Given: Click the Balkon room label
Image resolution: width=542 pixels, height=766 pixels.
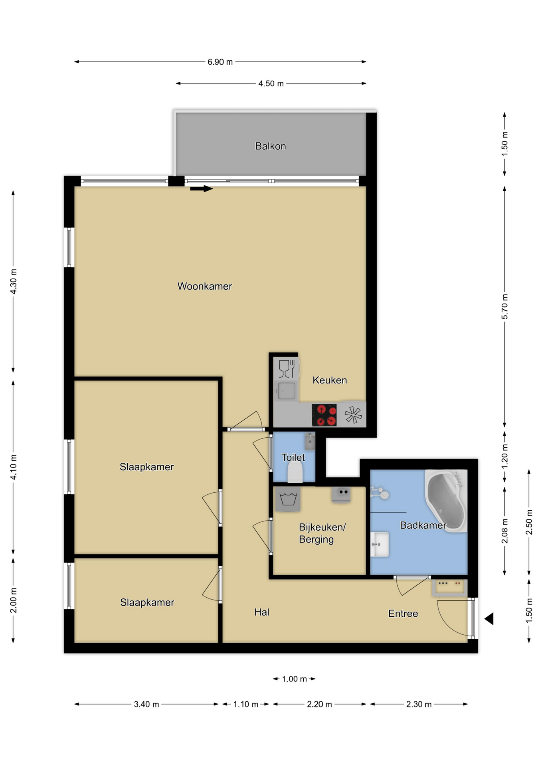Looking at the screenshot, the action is pyautogui.click(x=271, y=146).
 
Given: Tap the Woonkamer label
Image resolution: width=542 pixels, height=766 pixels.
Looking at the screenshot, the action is pyautogui.click(x=205, y=286).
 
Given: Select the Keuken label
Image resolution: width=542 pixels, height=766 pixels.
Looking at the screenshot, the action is pyautogui.click(x=330, y=380).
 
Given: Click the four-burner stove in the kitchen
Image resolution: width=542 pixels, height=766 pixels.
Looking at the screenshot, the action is pyautogui.click(x=324, y=415).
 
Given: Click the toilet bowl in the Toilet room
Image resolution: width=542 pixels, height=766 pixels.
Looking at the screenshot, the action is pyautogui.click(x=295, y=472).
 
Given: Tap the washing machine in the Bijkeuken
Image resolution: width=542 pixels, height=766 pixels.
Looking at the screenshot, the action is pyautogui.click(x=288, y=499).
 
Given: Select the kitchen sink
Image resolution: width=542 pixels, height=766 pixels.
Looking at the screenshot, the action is pyautogui.click(x=286, y=391).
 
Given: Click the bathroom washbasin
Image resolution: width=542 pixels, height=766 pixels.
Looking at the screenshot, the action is pyautogui.click(x=380, y=544).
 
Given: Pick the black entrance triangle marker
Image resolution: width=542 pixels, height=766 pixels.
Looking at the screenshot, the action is pyautogui.click(x=489, y=619).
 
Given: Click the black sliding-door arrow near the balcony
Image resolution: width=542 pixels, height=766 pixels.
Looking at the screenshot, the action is pyautogui.click(x=202, y=189).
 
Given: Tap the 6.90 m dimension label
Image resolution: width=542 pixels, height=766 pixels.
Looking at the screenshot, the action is pyautogui.click(x=220, y=62).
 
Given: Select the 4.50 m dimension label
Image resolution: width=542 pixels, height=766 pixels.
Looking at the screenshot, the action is pyautogui.click(x=271, y=83).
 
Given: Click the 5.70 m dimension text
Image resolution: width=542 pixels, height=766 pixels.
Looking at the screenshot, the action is pyautogui.click(x=504, y=306).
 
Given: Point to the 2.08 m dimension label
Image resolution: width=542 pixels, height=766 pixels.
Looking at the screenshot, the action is pyautogui.click(x=504, y=531).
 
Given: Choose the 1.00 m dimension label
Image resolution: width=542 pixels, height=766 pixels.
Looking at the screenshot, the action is pyautogui.click(x=295, y=679).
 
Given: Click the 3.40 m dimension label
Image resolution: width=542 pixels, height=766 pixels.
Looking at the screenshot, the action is pyautogui.click(x=146, y=704).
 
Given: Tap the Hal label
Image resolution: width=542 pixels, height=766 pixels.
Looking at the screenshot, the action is pyautogui.click(x=262, y=612).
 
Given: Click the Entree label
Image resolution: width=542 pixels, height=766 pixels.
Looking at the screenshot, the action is pyautogui.click(x=403, y=613).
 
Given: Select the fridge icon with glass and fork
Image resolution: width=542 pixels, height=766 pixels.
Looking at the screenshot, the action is pyautogui.click(x=287, y=369).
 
